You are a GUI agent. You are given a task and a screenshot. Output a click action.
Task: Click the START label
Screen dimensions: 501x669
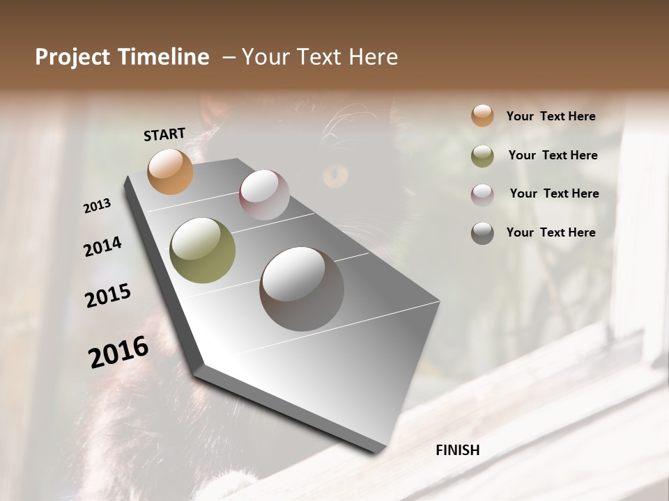pos(164,134)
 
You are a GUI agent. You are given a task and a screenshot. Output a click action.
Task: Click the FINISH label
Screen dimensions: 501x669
pos(458,450)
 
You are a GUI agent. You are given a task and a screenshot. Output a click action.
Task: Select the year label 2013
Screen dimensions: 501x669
pos(97,206)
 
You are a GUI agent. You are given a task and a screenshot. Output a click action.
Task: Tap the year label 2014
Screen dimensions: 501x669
pos(102,246)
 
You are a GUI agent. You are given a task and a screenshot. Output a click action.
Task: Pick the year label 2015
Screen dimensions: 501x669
pos(108,296)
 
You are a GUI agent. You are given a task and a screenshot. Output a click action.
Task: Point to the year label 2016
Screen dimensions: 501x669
pos(118,351)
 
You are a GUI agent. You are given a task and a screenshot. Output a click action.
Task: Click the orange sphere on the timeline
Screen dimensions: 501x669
pos(170,171)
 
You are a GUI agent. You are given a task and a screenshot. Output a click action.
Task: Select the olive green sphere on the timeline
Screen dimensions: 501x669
pos(202,250)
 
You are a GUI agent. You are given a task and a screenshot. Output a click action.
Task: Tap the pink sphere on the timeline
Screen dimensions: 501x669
pos(264,195)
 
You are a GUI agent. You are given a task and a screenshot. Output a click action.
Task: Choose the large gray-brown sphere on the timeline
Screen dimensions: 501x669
pos(302,289)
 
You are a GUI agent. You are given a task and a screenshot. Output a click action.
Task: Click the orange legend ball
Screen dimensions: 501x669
pos(482,116)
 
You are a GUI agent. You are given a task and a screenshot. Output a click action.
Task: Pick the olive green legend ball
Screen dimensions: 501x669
pos(482,156)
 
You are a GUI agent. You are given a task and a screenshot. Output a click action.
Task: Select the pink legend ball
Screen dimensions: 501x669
pos(482,195)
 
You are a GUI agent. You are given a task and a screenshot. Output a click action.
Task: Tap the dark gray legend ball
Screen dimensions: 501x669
pos(482,233)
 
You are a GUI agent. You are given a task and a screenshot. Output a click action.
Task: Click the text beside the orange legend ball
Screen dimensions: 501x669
pos(551,116)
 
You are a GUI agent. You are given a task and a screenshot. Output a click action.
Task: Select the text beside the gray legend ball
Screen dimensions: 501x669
pos(551,232)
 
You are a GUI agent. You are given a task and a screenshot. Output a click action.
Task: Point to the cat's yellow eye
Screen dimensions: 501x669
pos(337,175)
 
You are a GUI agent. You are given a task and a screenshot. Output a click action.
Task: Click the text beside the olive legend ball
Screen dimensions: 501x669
pos(553,155)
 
